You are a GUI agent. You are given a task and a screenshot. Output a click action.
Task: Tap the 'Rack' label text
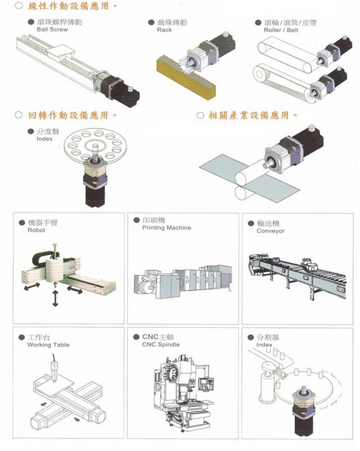click(x=164, y=30)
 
